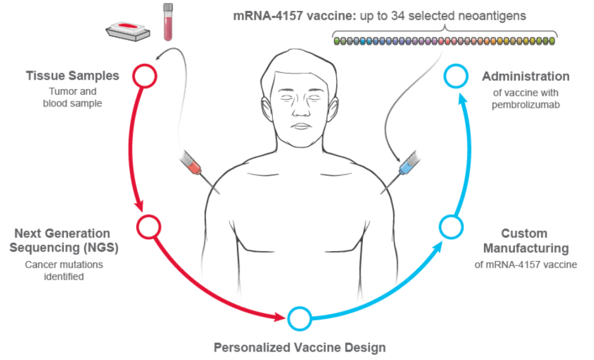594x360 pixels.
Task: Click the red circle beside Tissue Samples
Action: point(145,76)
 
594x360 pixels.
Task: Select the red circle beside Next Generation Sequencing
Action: point(148,225)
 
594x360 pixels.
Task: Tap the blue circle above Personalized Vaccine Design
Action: point(299,317)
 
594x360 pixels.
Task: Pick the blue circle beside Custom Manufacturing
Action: point(450,226)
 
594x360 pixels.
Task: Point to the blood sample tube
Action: point(168,22)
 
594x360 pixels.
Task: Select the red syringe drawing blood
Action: point(193,164)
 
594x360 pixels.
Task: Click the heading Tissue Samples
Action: point(72,76)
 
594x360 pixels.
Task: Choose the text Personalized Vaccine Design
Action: point(300,347)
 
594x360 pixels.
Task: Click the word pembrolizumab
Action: point(526,104)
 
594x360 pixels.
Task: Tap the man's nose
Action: point(301,109)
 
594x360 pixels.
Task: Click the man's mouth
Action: point(301,126)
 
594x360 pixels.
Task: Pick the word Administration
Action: point(526,76)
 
